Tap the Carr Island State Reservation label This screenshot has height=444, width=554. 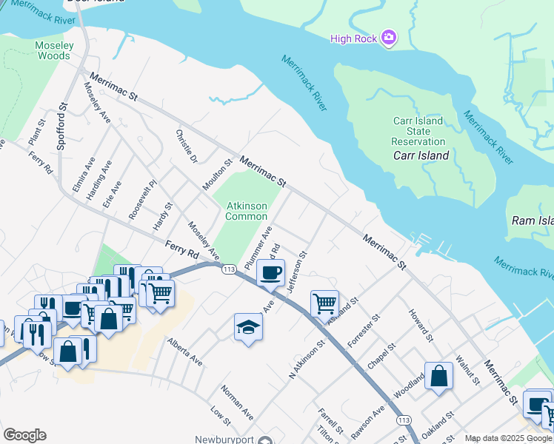(418, 131)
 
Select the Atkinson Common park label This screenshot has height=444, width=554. (246, 211)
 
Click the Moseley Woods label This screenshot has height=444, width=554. (54, 50)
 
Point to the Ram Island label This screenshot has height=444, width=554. (533, 221)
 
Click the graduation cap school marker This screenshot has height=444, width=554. (248, 326)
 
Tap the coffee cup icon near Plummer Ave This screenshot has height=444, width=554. (271, 272)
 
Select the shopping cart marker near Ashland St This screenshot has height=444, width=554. (324, 303)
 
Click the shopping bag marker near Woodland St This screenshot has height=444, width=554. (438, 374)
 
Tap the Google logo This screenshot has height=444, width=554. (24, 435)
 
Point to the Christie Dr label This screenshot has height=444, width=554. (187, 147)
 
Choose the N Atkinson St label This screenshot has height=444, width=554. (308, 359)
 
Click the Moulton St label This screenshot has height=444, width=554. (218, 175)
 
